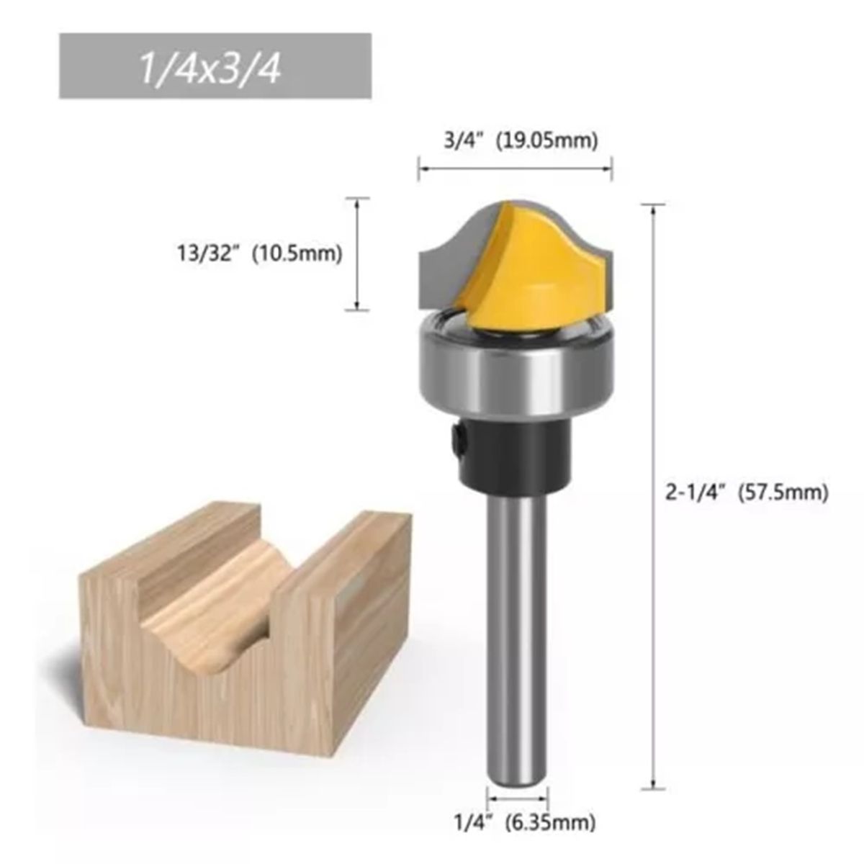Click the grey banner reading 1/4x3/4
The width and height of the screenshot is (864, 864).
(x=215, y=66)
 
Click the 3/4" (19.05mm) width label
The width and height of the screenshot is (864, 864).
(x=520, y=141)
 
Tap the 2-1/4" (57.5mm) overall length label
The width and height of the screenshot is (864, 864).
(x=746, y=493)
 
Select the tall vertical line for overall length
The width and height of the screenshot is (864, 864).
(x=653, y=497)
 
